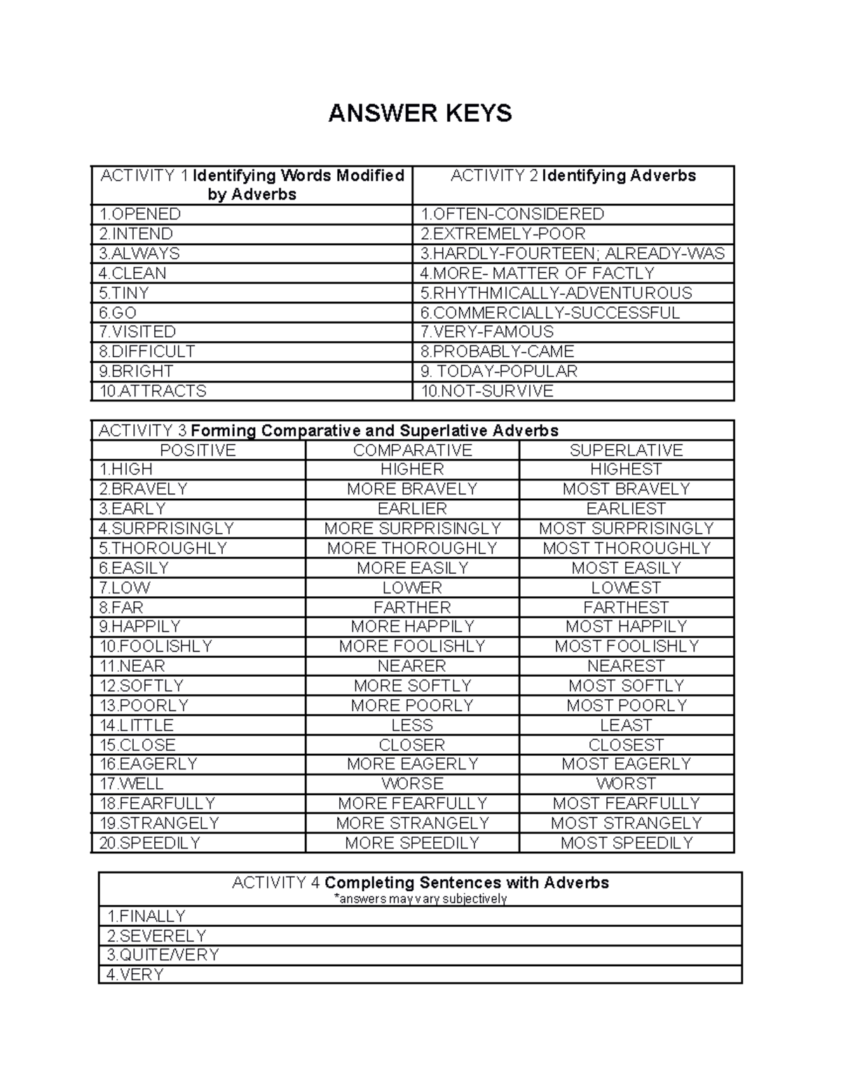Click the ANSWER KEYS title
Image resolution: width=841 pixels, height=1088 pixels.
(420, 113)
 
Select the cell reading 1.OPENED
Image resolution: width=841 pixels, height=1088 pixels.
(140, 214)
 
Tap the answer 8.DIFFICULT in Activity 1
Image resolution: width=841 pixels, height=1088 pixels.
(147, 352)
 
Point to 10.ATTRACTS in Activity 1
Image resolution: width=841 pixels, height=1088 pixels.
(153, 391)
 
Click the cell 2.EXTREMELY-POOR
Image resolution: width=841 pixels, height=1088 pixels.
(502, 234)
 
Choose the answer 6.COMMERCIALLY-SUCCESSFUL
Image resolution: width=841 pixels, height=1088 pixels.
(550, 312)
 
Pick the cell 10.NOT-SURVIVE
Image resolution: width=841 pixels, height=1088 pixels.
(487, 391)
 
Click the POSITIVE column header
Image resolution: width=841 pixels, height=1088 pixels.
(198, 450)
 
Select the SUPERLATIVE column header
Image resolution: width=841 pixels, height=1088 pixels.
(626, 450)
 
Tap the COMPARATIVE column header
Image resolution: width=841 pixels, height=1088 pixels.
(412, 450)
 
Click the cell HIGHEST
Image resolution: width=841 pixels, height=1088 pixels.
(626, 469)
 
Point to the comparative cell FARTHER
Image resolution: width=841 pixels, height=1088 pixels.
(412, 607)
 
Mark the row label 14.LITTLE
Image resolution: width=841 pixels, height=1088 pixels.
(137, 725)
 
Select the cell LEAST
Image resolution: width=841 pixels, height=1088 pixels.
(626, 725)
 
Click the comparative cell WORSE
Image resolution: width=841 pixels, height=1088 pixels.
(412, 784)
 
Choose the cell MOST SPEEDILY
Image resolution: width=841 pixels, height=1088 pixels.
(626, 843)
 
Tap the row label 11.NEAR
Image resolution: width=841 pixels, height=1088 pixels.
(132, 666)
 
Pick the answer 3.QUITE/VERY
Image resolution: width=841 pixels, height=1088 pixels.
(163, 955)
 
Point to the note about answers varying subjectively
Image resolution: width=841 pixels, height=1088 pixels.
(420, 899)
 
